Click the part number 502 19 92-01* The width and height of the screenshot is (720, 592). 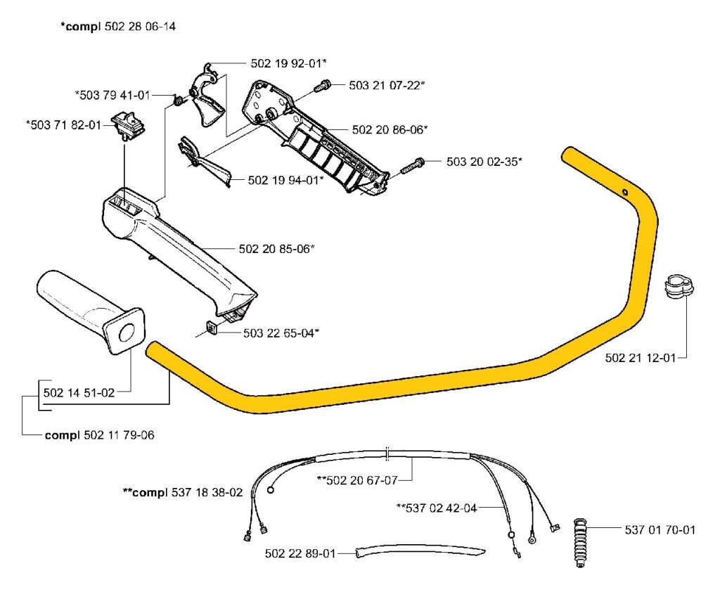tap(288, 63)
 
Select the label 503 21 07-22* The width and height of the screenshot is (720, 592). tap(387, 85)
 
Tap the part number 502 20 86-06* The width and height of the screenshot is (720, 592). tap(390, 129)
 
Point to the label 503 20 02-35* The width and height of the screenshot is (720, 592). tap(484, 162)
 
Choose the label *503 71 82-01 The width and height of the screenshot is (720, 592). tap(63, 124)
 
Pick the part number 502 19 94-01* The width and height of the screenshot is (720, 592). tap(285, 180)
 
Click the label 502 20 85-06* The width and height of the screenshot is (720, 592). tap(276, 248)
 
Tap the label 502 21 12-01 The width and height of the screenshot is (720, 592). tap(640, 358)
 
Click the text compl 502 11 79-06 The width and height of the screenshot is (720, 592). tap(99, 435)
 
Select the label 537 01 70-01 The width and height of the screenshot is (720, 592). tap(660, 529)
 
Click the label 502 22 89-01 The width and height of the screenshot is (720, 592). tap(300, 553)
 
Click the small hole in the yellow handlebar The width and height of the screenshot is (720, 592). tap(625, 191)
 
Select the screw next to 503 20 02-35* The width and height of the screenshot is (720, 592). tap(413, 166)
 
